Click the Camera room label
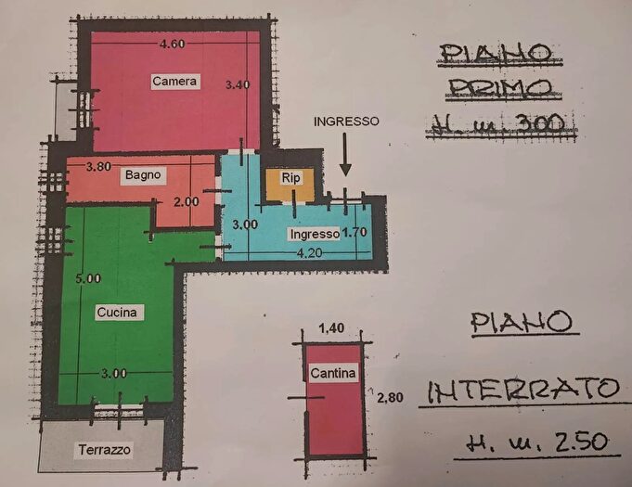tap(174, 82)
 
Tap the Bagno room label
tap(144, 174)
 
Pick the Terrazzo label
tap(103, 450)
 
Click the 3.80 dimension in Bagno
tap(99, 168)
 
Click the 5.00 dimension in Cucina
tap(89, 278)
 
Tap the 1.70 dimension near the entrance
tap(355, 233)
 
